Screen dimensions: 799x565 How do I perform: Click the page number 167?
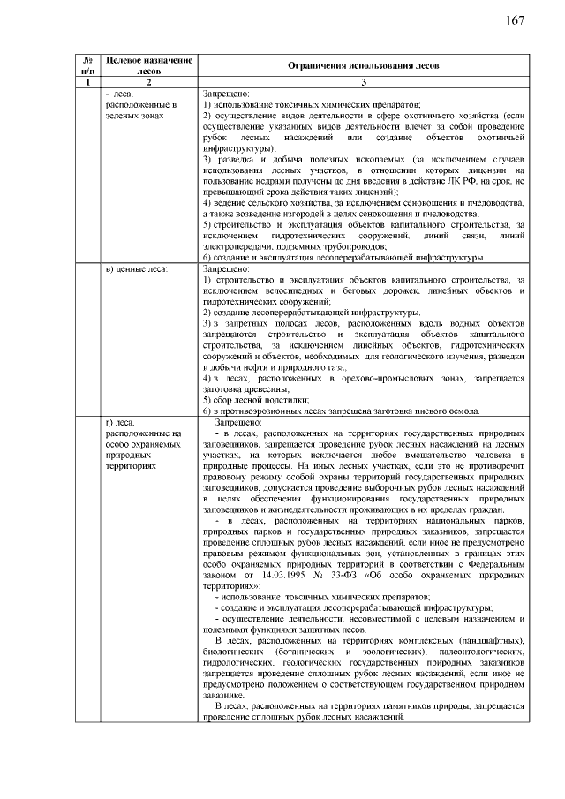coord(516,21)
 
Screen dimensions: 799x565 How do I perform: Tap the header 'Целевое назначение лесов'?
coord(148,65)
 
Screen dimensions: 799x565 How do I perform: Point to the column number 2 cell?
coord(148,82)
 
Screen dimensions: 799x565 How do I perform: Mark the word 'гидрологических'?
coord(236,661)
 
